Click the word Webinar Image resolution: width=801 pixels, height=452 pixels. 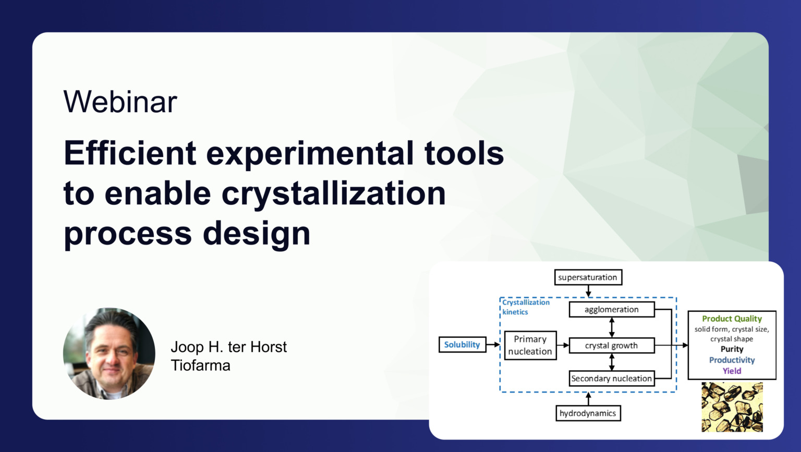[120, 102]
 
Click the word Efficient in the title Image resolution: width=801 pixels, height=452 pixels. [130, 153]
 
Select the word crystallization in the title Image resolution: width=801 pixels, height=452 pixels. [334, 193]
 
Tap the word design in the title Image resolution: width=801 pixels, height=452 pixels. [257, 233]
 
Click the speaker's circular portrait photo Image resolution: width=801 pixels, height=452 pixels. [109, 353]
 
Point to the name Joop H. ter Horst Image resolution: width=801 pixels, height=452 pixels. [228, 347]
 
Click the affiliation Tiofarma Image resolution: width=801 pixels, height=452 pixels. [200, 365]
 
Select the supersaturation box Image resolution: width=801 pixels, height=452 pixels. [588, 277]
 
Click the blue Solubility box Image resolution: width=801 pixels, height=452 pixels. [462, 345]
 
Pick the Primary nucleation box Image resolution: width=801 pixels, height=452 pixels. [530, 345]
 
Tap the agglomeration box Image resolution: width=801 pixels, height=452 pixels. [611, 310]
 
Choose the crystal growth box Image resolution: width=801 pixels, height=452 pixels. [611, 346]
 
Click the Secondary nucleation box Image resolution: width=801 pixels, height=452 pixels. [611, 378]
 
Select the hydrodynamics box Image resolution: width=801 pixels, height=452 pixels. [588, 413]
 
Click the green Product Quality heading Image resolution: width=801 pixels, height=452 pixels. [732, 319]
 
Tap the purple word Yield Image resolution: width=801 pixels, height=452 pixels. [732, 371]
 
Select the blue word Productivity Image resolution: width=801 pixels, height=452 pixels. [732, 360]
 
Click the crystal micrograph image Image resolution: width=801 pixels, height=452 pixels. [732, 407]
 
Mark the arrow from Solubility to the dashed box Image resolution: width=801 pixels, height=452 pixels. [493, 345]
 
